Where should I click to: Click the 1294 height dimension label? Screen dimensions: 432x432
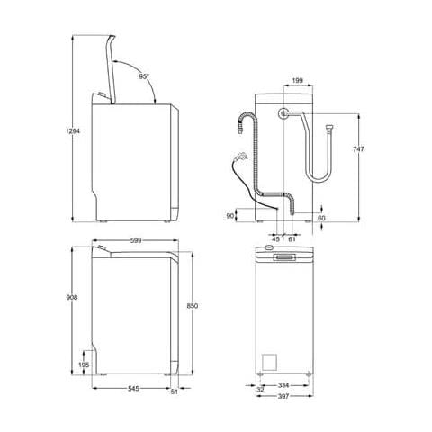[x=61, y=131]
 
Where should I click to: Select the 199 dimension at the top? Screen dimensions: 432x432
[x=297, y=80]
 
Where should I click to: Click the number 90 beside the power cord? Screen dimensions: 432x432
[x=230, y=216]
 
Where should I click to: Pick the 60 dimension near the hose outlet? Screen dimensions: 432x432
[x=322, y=218]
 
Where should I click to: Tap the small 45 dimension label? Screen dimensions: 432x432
[x=274, y=239]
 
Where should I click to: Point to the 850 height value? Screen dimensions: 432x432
[x=192, y=306]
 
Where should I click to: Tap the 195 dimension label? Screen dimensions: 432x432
[x=84, y=364]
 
